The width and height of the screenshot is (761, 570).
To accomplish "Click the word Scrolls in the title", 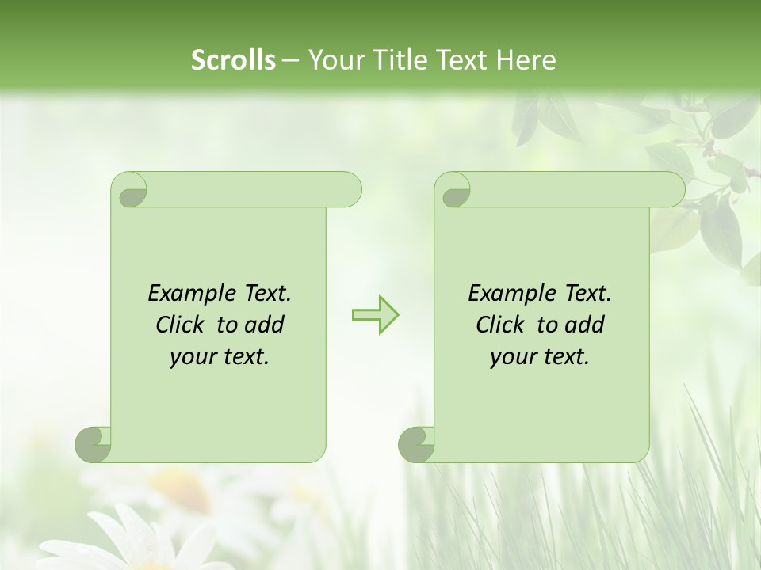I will (233, 60).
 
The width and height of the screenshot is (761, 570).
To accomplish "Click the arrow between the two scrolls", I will (375, 314).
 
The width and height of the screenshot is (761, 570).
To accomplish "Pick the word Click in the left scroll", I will (182, 325).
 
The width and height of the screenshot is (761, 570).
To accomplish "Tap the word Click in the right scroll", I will (503, 325).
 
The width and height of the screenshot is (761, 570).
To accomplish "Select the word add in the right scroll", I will (583, 325).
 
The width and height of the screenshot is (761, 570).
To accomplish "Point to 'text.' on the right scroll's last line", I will (564, 357).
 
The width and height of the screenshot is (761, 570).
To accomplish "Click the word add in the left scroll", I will (263, 325).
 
